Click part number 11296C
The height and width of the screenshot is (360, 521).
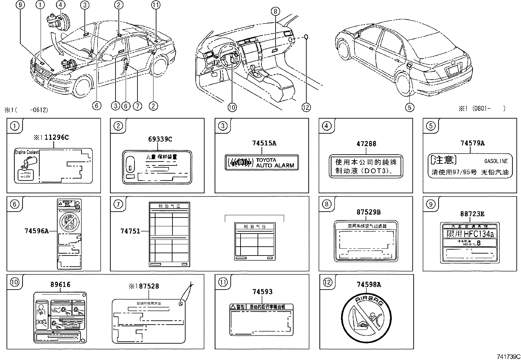click(57, 138)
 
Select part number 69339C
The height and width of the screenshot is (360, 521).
click(160, 139)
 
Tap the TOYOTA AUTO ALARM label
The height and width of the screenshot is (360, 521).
click(262, 163)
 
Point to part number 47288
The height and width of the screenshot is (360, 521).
click(366, 143)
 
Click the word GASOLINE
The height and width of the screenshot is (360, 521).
click(496, 161)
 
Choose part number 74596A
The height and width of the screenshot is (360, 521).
click(36, 231)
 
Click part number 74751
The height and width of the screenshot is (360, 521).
click(130, 231)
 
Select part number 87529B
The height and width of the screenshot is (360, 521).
click(368, 212)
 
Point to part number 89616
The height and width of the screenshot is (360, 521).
click(60, 285)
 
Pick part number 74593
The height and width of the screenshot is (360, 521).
click(262, 292)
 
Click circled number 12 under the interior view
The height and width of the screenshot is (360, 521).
click(306, 107)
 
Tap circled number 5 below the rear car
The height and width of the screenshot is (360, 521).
click(410, 107)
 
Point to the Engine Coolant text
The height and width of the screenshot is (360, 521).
click(27, 152)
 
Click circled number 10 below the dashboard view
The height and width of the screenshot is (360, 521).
click(232, 107)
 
